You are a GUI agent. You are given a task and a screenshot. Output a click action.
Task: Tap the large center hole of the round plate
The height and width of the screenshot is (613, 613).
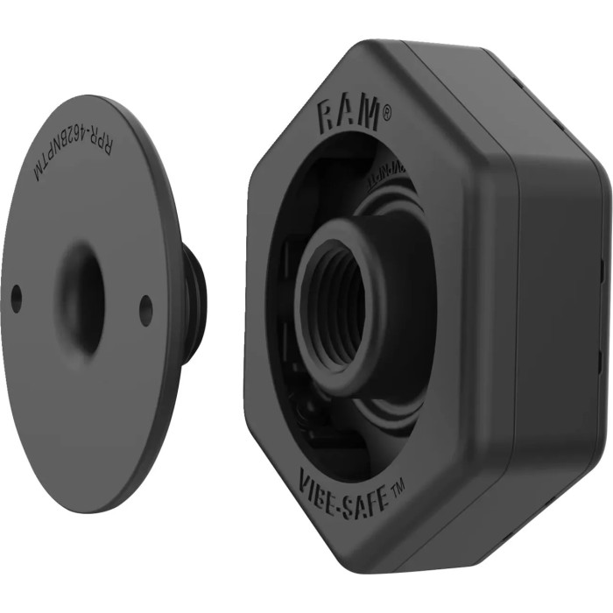coord(81,298)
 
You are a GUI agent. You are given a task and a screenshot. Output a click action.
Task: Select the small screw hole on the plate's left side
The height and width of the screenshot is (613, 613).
coord(16,299)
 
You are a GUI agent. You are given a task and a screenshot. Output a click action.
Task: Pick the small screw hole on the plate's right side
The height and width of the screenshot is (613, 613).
coord(145,310)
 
